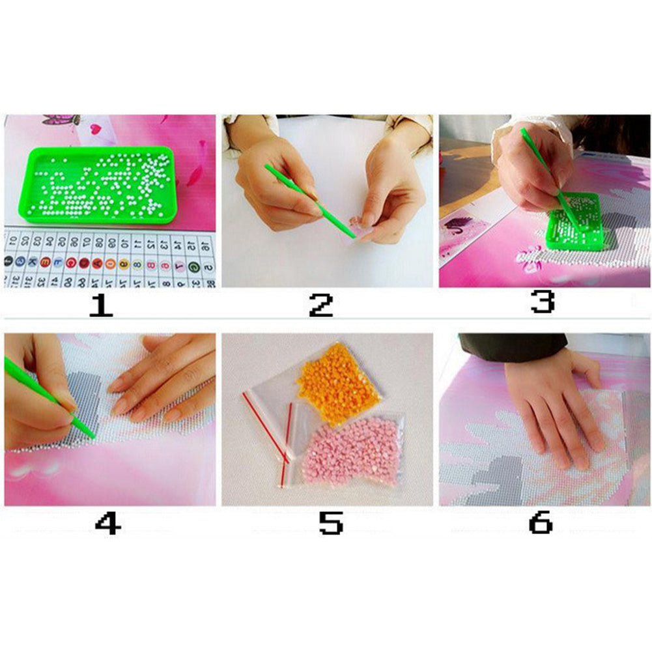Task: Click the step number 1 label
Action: click(x=101, y=304)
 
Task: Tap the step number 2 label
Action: click(x=321, y=304)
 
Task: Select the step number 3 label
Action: click(x=542, y=302)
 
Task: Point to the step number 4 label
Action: click(x=107, y=522)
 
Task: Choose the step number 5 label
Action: click(x=330, y=522)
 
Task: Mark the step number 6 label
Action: click(x=541, y=522)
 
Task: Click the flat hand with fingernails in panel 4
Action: click(x=163, y=378)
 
